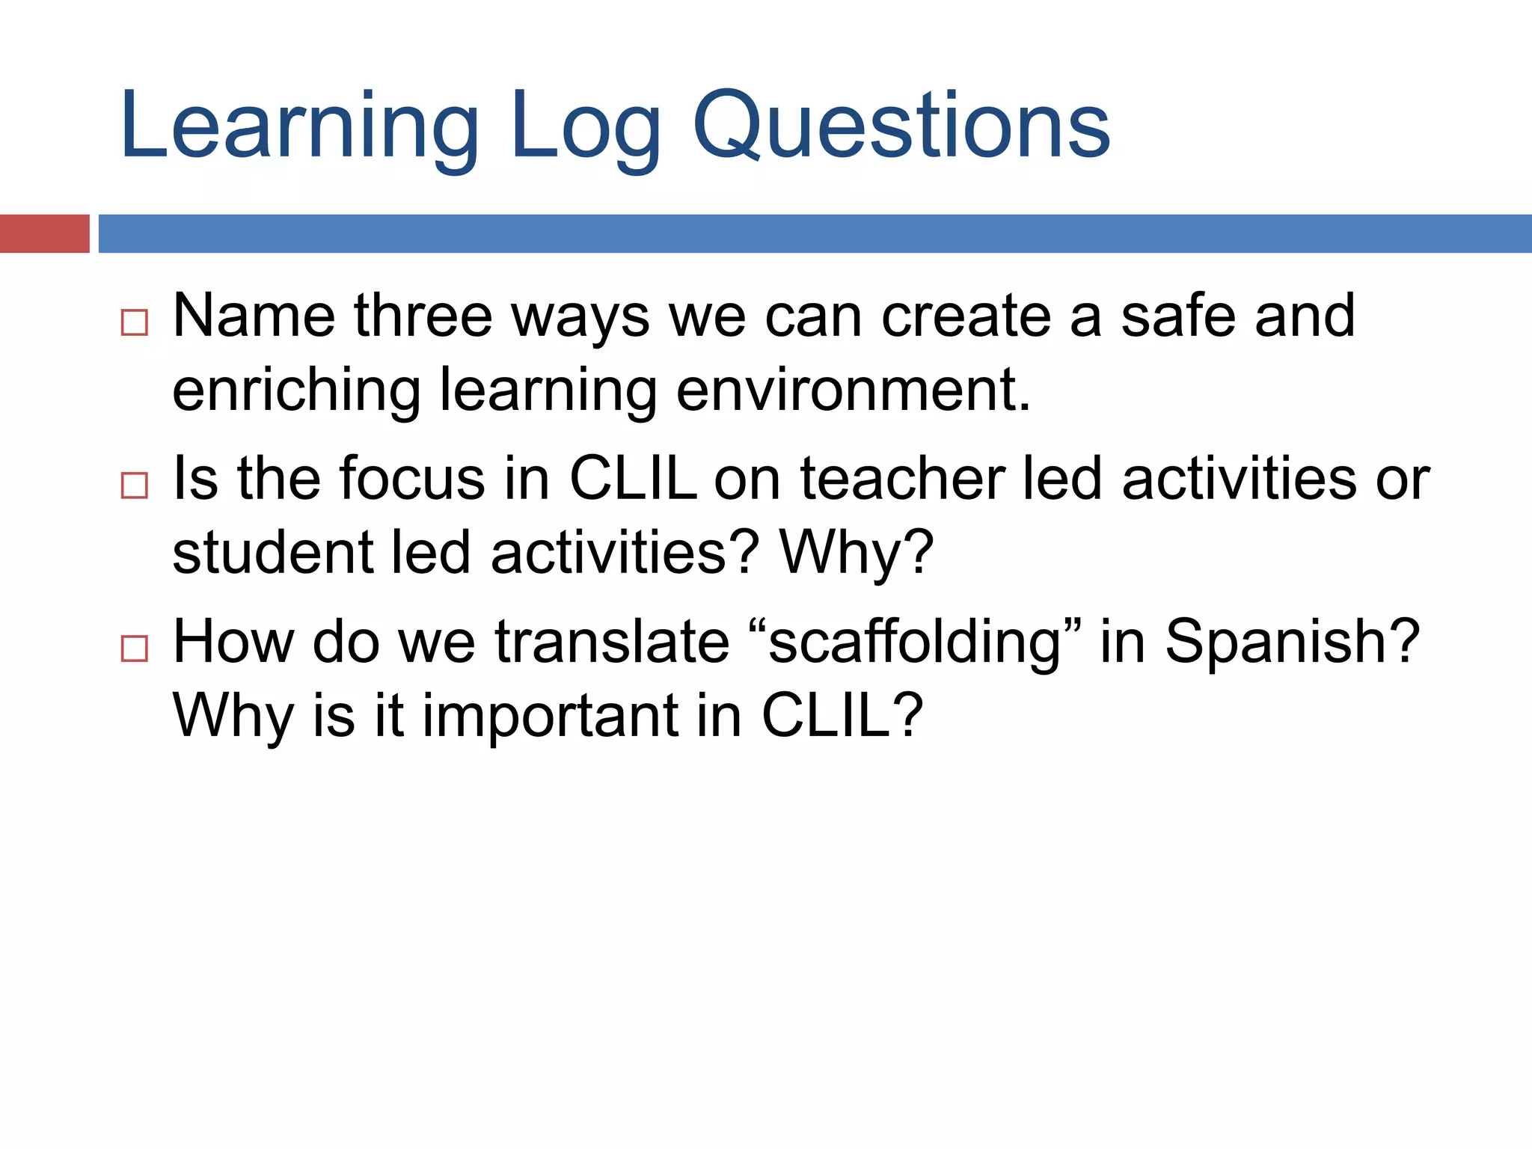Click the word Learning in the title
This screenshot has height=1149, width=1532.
click(x=299, y=127)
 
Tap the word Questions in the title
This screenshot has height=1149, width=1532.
click(x=901, y=127)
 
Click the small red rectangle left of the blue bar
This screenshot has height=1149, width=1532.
click(x=44, y=233)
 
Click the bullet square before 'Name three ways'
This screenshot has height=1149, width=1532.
click(x=135, y=323)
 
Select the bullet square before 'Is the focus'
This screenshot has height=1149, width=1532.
click(x=135, y=485)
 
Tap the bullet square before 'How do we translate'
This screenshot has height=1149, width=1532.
click(x=135, y=648)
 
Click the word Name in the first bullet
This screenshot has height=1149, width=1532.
click(x=254, y=316)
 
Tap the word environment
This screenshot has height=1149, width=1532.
click(x=853, y=390)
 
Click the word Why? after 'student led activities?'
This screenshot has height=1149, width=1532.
click(x=857, y=554)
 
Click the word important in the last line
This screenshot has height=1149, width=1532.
click(x=551, y=716)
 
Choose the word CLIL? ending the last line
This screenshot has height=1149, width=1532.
click(x=842, y=716)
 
